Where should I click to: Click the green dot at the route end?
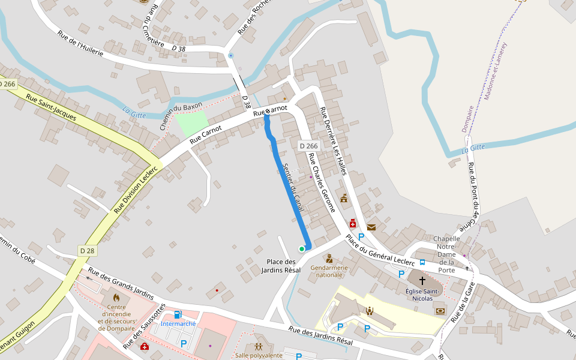point(302,249)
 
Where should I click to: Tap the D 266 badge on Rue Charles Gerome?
point(308,146)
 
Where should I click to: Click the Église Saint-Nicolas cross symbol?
point(422,280)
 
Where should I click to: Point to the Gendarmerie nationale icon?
point(329,259)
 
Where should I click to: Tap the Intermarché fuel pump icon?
point(178,314)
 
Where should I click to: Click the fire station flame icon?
point(116,297)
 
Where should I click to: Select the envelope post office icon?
point(371,227)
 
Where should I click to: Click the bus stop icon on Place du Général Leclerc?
point(422,262)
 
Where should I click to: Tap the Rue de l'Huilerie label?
point(80,43)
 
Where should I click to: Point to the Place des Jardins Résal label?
point(281,266)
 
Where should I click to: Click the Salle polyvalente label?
point(259,355)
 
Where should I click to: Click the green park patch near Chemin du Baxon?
point(191,123)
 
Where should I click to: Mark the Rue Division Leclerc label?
point(136,189)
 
